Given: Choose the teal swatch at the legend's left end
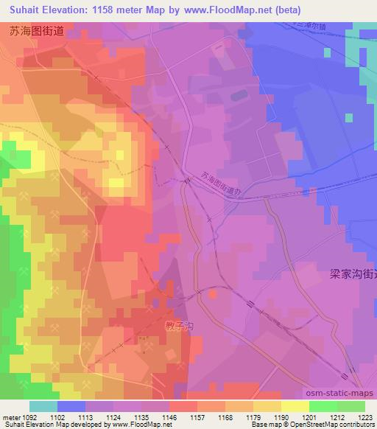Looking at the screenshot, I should pos(43,406).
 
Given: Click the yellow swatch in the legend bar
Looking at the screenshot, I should pos(295,406).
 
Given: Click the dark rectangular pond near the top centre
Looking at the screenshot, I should pos(239,96).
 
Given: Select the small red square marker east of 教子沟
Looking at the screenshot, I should pos(214,293).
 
